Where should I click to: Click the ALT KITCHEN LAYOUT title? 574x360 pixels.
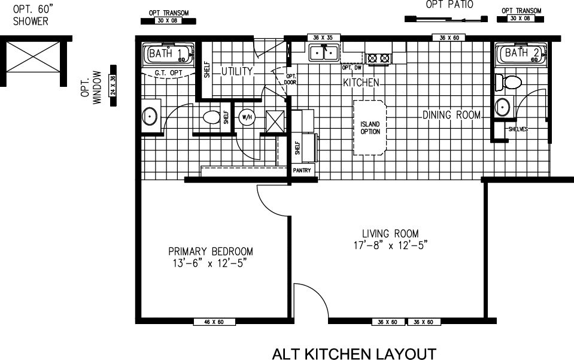tap(354, 353)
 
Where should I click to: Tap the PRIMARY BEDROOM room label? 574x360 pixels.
tap(210, 257)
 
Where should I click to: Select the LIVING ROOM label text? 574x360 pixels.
tap(390, 239)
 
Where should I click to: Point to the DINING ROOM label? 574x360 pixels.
tap(452, 115)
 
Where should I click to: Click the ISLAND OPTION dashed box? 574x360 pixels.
tap(370, 128)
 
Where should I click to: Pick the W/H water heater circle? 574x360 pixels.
tap(246, 117)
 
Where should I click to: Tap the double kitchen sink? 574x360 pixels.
tap(323, 54)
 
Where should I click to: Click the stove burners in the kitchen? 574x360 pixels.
tap(378, 58)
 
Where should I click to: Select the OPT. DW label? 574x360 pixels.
tap(352, 68)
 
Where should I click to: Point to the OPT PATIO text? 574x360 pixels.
tap(450, 5)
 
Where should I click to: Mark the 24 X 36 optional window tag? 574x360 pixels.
tap(113, 85)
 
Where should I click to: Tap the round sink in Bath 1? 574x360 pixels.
tap(150, 115)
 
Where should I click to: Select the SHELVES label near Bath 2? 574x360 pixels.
tap(518, 129)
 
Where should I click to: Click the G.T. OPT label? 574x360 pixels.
tap(168, 73)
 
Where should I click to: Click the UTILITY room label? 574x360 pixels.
tap(238, 71)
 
